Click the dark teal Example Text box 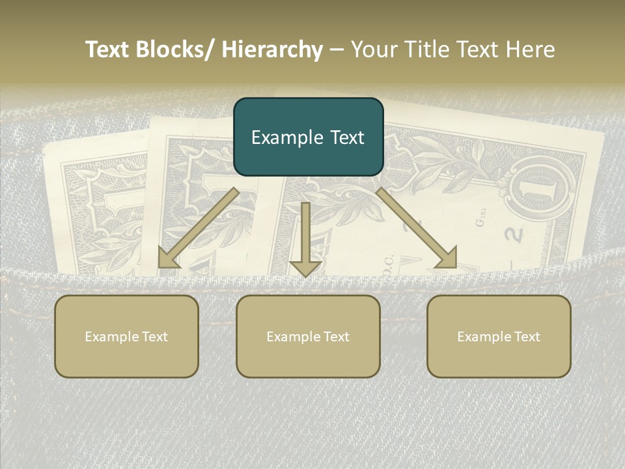point(309,137)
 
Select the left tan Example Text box point(126,336)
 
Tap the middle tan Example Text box point(308,336)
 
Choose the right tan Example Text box point(499,336)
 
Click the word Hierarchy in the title point(272,50)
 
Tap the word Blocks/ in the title point(175,50)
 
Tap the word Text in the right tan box point(526,336)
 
